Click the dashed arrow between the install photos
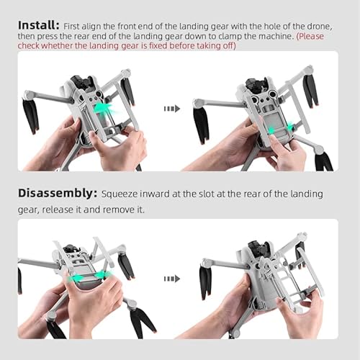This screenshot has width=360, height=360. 171,108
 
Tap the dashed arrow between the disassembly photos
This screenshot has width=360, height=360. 171,278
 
